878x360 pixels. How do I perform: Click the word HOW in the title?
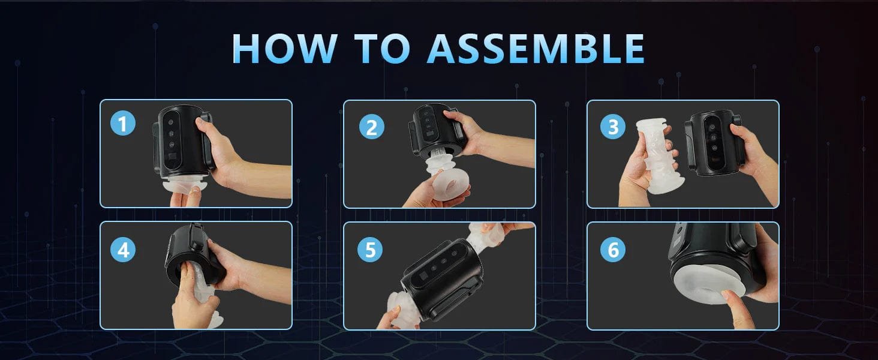(284, 49)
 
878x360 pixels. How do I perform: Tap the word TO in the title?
(382, 49)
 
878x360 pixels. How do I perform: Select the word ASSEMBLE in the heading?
(536, 49)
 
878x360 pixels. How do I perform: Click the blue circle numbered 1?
(123, 123)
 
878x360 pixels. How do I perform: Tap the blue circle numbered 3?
(613, 126)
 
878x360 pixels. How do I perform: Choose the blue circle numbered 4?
(123, 250)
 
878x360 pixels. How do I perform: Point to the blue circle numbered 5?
(370, 250)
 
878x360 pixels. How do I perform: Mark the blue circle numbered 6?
(613, 250)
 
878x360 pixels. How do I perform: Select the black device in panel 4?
(196, 255)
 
